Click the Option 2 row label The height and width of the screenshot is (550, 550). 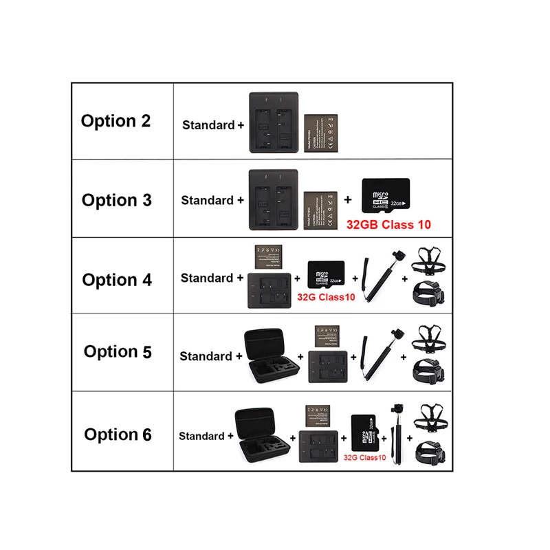(115, 121)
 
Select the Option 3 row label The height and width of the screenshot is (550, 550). (116, 200)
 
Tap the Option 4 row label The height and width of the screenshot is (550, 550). (116, 280)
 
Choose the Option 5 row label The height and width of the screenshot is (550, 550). (118, 351)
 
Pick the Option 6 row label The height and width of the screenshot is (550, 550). (118, 434)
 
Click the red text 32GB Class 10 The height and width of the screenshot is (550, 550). (389, 225)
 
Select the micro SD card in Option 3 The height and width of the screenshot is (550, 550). (385, 196)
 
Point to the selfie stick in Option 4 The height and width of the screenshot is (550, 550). (377, 278)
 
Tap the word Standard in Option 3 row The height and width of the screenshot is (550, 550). (207, 200)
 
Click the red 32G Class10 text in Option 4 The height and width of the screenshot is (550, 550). (326, 297)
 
